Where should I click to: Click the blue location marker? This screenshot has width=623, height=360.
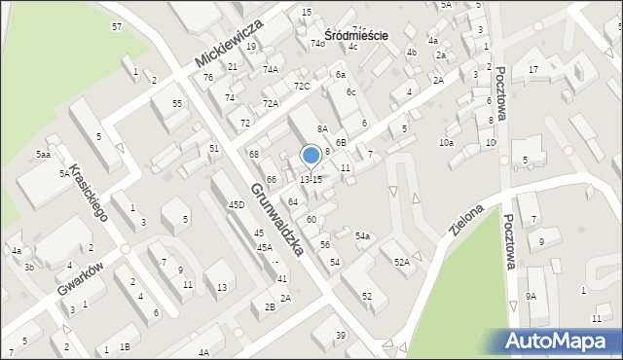[x=311, y=155]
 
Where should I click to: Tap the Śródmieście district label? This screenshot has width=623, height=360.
[x=356, y=35]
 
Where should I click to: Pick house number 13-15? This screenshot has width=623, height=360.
[x=311, y=179]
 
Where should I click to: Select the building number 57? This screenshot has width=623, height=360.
[x=117, y=26]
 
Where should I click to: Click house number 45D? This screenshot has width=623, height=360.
[x=237, y=205]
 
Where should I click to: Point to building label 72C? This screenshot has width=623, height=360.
[x=302, y=86]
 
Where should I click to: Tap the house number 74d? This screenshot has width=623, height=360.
[x=317, y=44]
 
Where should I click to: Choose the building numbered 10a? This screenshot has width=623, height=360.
[x=445, y=143]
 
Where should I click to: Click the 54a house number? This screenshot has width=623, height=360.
[x=362, y=235]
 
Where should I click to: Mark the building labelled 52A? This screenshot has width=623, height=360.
[x=401, y=263]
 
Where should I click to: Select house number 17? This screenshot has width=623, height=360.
[x=532, y=70]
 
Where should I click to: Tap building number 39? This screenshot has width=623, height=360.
[x=341, y=336]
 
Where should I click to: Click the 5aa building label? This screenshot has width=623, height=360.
[x=43, y=155]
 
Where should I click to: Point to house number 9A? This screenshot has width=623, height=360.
[x=531, y=296]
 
